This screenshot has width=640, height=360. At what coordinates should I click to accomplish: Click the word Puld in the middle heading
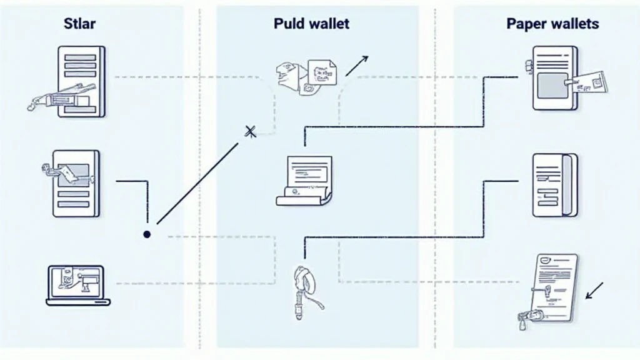[x=289, y=24]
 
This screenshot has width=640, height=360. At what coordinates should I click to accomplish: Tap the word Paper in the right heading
[x=526, y=24]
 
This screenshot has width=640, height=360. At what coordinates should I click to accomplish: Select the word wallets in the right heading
[x=575, y=24]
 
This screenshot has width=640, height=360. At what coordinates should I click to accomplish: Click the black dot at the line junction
[x=147, y=234]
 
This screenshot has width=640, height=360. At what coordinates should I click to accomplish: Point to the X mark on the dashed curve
[x=251, y=131]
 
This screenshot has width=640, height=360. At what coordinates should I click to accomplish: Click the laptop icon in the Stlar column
[x=78, y=285]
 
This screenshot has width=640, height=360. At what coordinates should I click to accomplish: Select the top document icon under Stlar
[x=81, y=81]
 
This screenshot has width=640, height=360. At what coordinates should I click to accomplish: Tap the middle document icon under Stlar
[x=76, y=184]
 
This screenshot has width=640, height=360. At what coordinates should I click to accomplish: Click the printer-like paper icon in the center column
[x=305, y=181]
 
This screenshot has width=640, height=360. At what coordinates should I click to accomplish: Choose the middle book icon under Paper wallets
[x=555, y=185]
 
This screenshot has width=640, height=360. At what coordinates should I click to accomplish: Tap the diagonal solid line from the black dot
[x=197, y=183]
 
